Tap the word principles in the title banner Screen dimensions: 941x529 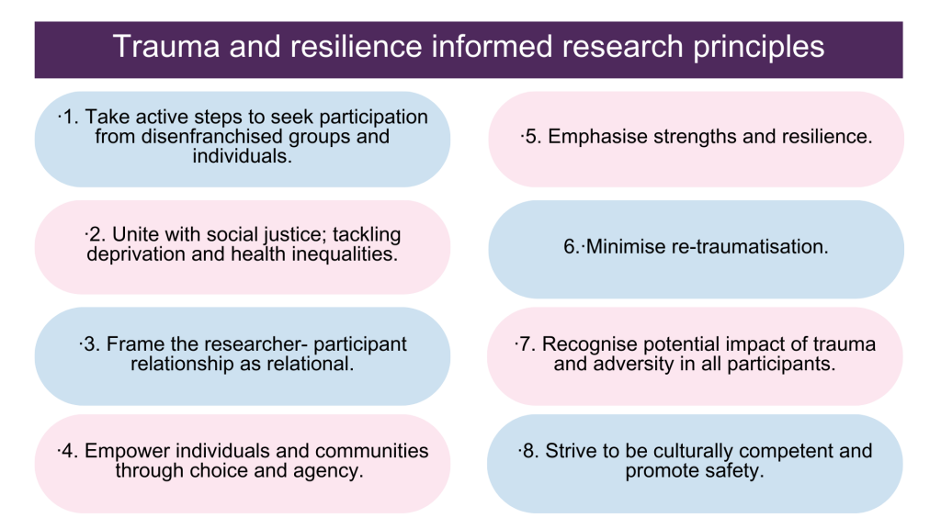pos(758,48)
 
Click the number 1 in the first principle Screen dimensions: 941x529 pos(70,117)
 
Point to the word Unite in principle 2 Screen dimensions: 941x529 pos(133,234)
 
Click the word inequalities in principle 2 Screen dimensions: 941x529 pos(345,253)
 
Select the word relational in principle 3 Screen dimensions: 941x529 pos(311,364)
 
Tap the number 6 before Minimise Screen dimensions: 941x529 pos(570,246)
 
